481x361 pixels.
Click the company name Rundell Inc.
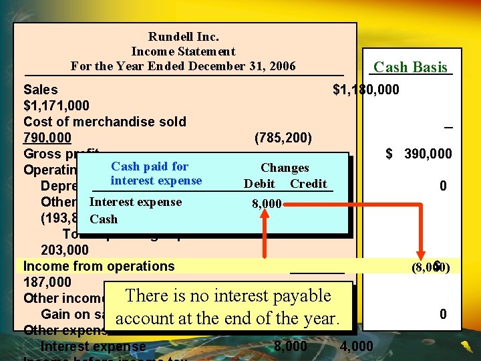point(183,37)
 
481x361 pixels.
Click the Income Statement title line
point(183,51)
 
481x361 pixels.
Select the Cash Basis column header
point(410,67)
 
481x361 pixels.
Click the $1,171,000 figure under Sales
point(56,106)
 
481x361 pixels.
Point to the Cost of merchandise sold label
point(104,122)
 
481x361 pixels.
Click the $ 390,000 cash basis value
point(419,154)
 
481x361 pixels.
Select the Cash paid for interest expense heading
point(156,173)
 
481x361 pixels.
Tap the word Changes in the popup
point(285,168)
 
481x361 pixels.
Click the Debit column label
point(259,184)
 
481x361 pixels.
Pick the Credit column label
point(309,184)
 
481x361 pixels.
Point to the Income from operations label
point(98,266)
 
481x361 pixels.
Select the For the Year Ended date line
point(183,66)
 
